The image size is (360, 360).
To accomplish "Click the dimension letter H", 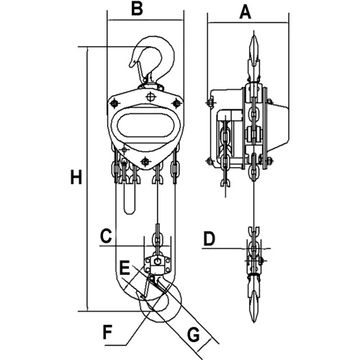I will pos(75,178).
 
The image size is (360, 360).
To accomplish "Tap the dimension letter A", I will pos(246,11).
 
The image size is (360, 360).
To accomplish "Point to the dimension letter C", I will pos(106,235).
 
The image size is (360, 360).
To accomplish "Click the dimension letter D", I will pos(210,238).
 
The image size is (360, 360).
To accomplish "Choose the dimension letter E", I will pos(125,268).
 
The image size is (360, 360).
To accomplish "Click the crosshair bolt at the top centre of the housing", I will pos(150,97).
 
